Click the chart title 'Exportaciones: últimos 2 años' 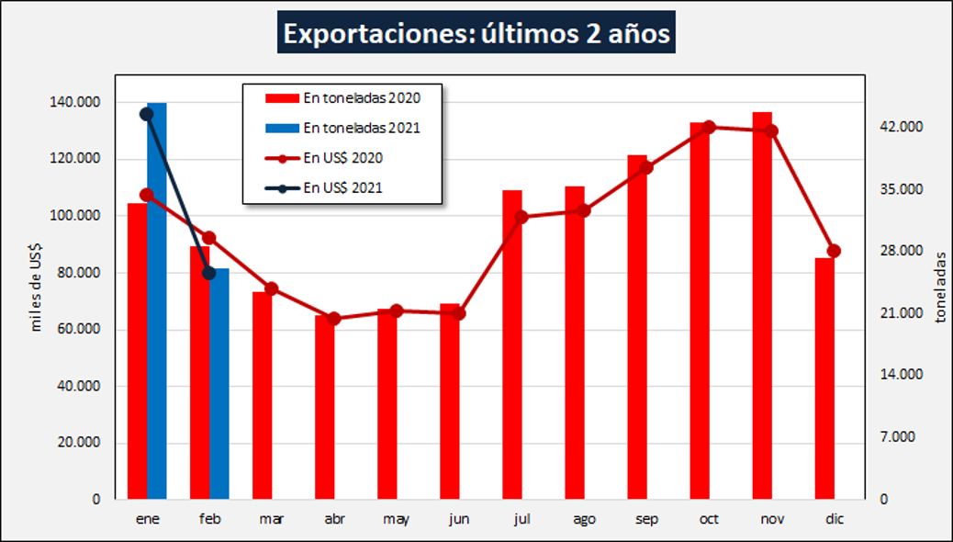pos(476,34)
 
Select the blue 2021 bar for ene pos(157,303)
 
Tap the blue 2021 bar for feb pos(219,386)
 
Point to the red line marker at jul pos(521,217)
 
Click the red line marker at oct pos(709,127)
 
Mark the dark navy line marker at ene pos(146,114)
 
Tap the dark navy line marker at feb pos(209,272)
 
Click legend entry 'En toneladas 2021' pos(361,128)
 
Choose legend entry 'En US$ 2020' pos(342,158)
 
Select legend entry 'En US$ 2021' pos(342,187)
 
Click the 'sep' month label pos(646,519)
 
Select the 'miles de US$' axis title pos(37,286)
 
